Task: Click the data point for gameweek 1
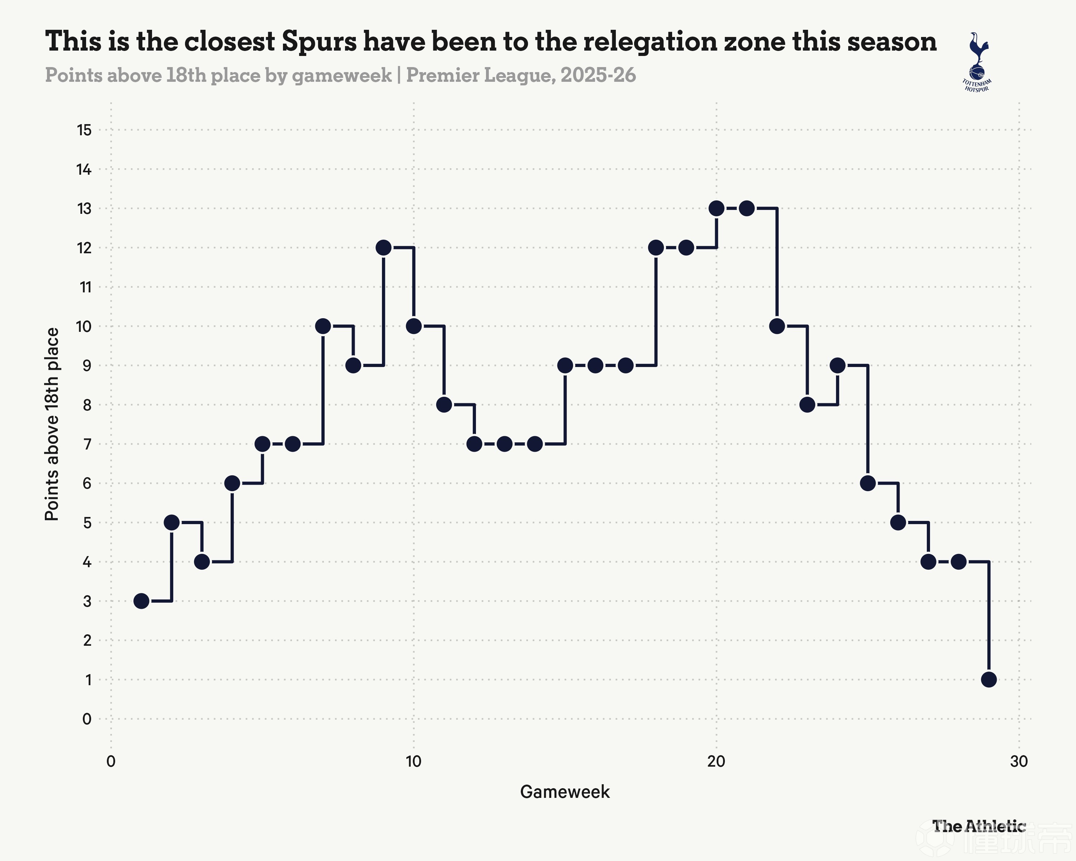click(141, 601)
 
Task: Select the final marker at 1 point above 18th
click(988, 679)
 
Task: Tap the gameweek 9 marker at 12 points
click(383, 248)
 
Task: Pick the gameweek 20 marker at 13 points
click(716, 208)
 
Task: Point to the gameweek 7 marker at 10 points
click(323, 326)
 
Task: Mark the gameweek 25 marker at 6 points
click(868, 483)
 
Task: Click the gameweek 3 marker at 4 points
click(202, 561)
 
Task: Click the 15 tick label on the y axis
click(84, 130)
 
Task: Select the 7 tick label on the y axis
click(88, 444)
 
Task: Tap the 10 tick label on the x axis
click(413, 762)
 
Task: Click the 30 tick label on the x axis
click(1019, 762)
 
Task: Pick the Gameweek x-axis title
click(565, 792)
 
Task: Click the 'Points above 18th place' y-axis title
click(52, 424)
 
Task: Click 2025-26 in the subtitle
click(598, 75)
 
